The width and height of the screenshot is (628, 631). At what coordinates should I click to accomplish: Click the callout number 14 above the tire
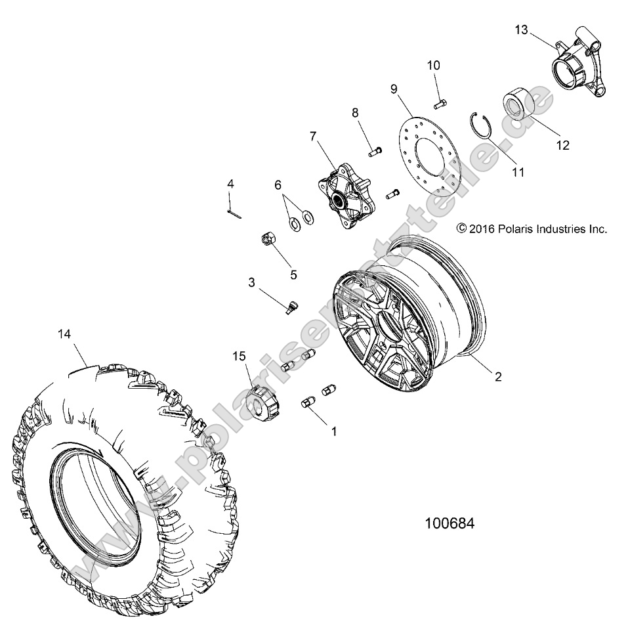64,334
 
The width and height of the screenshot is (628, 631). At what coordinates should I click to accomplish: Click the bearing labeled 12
518,106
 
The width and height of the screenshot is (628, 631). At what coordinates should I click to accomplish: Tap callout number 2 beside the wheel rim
498,377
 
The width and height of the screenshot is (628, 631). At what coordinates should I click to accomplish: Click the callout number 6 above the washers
278,185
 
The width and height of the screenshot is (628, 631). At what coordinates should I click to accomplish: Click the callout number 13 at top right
521,30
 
